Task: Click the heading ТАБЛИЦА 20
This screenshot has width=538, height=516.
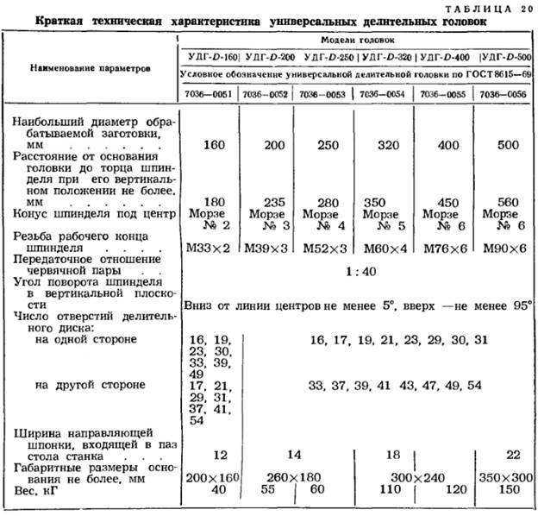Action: point(491,7)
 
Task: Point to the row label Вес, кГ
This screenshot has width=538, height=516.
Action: point(40,489)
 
